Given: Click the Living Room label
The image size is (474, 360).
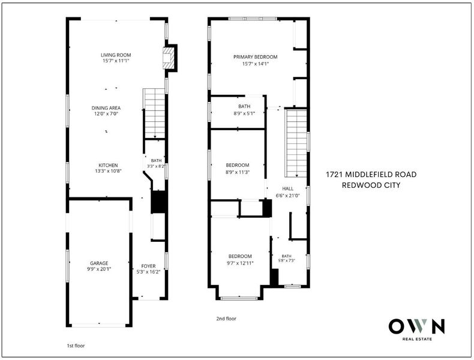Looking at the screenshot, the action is pos(116,55).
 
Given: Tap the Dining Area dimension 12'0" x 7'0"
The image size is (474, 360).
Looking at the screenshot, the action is pos(106,113).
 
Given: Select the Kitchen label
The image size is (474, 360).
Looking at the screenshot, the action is pos(108,166).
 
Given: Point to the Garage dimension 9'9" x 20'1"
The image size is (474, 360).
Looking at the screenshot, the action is pos(99,269).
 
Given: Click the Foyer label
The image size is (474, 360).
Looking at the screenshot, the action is pos(148,266).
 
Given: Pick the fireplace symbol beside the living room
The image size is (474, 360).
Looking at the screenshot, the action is pos(168,58).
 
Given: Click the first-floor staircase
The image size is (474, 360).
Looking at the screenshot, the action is pos(155,113).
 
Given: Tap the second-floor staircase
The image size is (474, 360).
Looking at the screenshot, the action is pos(296,143).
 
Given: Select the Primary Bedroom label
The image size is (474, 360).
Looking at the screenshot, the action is pos(256,57).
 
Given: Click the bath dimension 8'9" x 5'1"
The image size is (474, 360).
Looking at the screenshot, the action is pos(244,113).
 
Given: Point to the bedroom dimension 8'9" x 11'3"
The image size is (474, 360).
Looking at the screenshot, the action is pos(238,172).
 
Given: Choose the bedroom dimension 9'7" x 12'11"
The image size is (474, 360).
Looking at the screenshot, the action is pos(240,263).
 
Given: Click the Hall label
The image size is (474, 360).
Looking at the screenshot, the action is pos(288,188).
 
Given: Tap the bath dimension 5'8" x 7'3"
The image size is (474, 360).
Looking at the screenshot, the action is pos(287,260).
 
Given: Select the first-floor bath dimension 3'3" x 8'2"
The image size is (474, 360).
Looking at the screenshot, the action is pos(155,166).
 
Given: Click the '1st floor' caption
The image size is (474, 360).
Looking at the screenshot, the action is pos(76,346).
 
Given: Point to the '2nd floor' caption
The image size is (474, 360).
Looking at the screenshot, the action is pos(226,319).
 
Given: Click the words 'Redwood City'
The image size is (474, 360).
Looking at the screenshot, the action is pos(371,185).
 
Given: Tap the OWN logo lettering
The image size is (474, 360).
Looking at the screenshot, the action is pos(416,326).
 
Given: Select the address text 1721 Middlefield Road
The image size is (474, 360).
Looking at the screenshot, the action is pos(371,175).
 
